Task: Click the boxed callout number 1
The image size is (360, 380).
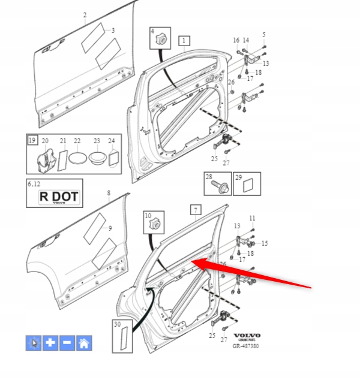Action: click(x=184, y=41)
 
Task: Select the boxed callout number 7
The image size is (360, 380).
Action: click(x=195, y=210)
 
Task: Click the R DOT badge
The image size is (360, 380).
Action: click(x=58, y=197)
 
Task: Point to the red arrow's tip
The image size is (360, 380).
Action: click(x=191, y=262)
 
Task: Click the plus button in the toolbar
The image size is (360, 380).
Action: click(x=50, y=343)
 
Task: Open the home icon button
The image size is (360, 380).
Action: click(x=84, y=343)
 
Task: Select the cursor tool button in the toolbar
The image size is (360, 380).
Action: click(x=33, y=343)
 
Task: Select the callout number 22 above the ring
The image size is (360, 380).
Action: click(x=77, y=141)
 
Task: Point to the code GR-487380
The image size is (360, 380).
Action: click(x=246, y=346)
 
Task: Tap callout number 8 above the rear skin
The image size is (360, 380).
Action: click(x=109, y=192)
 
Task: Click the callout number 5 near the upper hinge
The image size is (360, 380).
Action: click(x=264, y=34)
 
